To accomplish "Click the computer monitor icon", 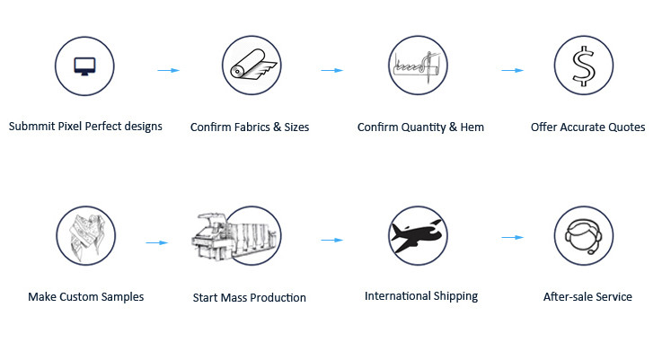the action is click(84, 66).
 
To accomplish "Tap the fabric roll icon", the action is click(253, 65).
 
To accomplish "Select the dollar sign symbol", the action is click(584, 66).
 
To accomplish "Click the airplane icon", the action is click(417, 236).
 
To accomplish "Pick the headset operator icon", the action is click(583, 236).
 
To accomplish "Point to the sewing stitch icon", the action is click(417, 65).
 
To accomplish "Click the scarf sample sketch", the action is click(88, 235).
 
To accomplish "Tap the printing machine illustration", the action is click(234, 235).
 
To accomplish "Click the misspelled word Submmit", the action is click(32, 126).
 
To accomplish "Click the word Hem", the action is click(472, 127).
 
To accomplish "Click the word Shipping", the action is click(455, 296).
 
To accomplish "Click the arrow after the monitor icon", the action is click(169, 70).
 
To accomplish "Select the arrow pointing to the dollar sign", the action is click(512, 70).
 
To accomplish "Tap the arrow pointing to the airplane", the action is click(332, 240).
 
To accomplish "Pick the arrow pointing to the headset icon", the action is click(512, 237).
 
